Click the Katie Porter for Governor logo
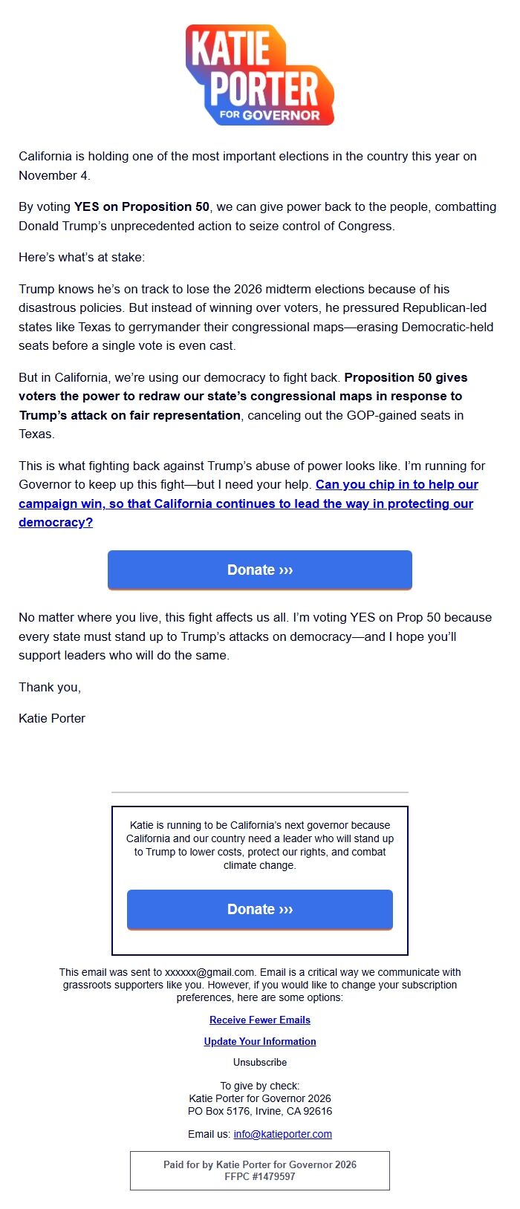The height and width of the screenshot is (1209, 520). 260,74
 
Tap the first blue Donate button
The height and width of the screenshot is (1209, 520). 260,570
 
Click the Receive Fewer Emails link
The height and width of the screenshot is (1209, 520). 260,1020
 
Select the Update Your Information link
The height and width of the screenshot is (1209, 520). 260,1041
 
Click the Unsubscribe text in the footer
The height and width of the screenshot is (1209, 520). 260,1062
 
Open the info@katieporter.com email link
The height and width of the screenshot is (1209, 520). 282,1134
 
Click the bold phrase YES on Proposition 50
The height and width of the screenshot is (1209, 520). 142,206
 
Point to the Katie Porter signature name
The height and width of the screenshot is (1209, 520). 52,718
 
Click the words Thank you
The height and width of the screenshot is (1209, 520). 50,687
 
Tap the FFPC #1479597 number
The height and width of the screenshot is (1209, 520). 260,1176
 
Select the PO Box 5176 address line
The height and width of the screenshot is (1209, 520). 260,1111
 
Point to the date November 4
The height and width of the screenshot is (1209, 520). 54,175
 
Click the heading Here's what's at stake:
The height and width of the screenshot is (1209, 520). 82,257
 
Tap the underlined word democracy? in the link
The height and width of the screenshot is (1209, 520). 56,522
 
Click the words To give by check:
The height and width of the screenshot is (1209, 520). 260,1086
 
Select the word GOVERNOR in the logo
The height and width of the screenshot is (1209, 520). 281,115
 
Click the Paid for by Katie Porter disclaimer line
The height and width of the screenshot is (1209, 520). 260,1164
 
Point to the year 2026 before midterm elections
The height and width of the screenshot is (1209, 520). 248,289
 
